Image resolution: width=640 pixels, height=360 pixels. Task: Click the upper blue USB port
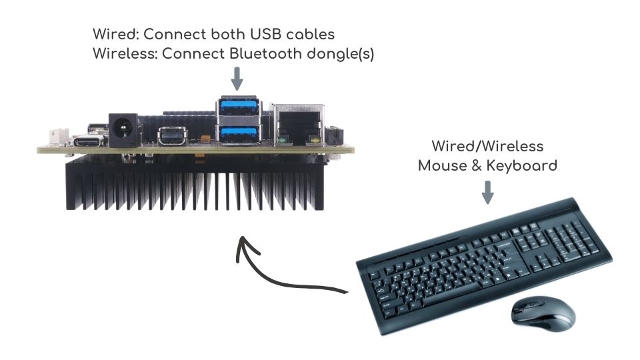[x=238, y=107]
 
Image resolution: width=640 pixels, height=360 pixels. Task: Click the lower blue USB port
[x=238, y=133]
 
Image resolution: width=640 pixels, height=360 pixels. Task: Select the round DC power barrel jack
[x=124, y=128]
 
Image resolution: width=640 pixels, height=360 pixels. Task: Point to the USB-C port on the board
[x=87, y=141]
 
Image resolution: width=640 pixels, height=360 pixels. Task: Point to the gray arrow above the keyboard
[x=488, y=192]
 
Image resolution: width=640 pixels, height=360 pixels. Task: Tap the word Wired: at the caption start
[x=115, y=34]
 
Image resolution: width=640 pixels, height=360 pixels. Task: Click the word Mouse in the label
[x=440, y=165]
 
